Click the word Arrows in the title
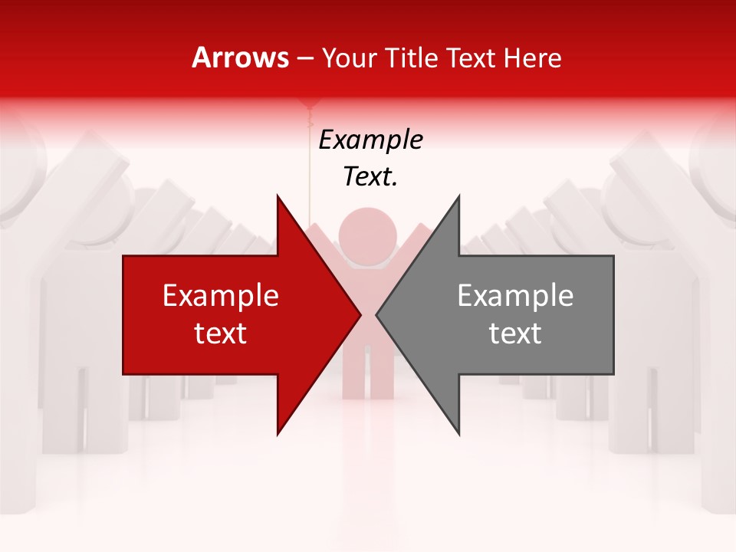[x=241, y=58]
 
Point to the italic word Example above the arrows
[x=370, y=140]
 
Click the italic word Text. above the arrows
[x=370, y=177]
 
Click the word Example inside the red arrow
[x=221, y=296]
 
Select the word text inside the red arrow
[x=221, y=333]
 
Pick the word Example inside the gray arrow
[x=515, y=296]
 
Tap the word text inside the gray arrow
[x=515, y=333]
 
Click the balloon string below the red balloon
[x=310, y=161]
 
